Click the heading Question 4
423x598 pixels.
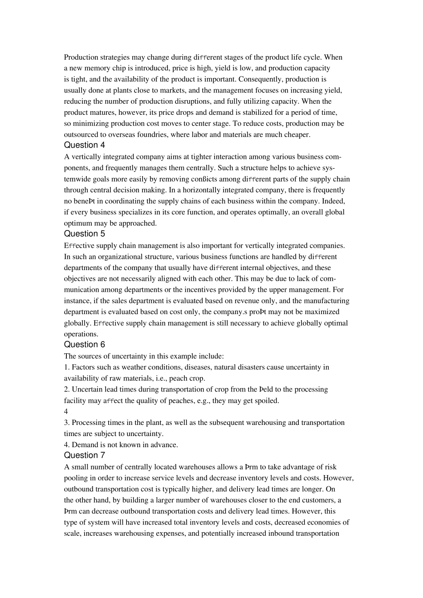85,145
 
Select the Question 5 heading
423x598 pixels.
85,234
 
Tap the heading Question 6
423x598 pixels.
85,344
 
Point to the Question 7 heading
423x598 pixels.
85,455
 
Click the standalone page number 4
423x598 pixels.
66,412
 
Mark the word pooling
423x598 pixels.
76,478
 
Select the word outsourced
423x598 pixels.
81,134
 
